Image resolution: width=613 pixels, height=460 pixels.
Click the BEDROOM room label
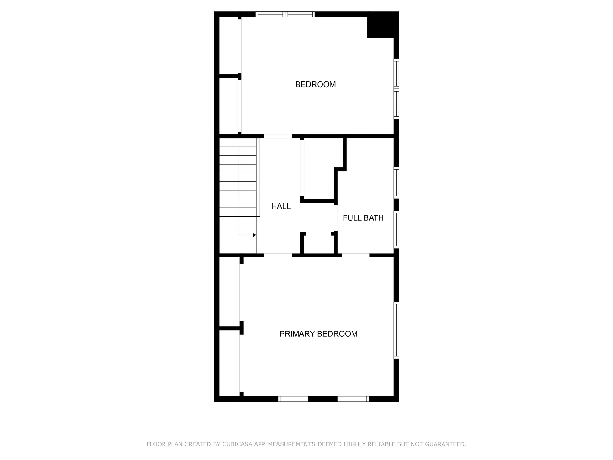click(315, 84)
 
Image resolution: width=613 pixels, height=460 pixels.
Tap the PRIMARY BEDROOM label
click(318, 334)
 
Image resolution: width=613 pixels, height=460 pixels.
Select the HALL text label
click(281, 206)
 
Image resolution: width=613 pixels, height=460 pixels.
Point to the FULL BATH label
click(363, 218)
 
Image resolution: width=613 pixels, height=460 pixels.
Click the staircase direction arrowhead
click(254, 235)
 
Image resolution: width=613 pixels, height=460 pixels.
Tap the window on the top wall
click(285, 14)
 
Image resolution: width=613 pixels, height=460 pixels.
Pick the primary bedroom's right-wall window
click(396, 330)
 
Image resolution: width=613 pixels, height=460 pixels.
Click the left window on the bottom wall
click(293, 399)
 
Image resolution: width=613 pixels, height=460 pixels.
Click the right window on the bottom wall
click(353, 399)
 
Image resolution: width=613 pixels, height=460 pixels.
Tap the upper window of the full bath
click(396, 182)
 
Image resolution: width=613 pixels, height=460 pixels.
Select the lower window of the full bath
click(396, 229)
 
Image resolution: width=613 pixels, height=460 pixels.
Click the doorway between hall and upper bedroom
click(278, 136)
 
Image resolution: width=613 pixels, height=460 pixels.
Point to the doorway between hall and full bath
click(336, 218)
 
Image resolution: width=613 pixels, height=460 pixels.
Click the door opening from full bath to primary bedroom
click(356, 255)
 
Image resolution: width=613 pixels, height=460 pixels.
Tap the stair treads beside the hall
click(238, 177)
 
